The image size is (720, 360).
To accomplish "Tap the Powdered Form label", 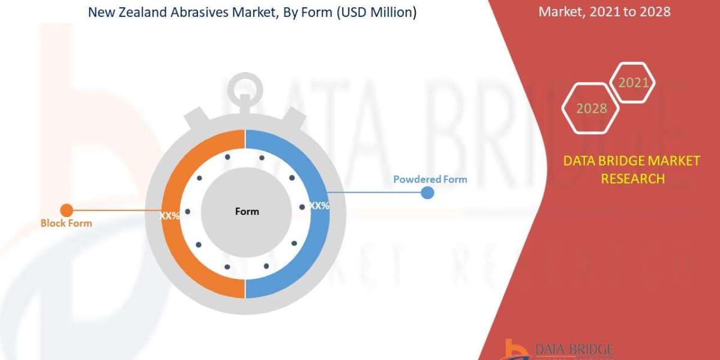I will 430,179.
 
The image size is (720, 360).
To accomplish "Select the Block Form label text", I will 66,223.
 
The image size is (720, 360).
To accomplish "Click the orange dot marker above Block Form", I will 67,210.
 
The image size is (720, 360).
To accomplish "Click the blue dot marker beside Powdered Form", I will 427,193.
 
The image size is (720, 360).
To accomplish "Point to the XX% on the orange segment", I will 170,215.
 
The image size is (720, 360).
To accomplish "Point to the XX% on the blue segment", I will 319,206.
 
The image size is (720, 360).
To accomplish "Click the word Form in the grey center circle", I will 247,211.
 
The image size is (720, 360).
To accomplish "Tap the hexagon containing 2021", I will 633,83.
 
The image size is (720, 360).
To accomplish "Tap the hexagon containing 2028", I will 592,109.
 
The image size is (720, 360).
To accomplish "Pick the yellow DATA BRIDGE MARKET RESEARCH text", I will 632,170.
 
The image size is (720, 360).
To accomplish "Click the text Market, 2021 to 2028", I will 604,11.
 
